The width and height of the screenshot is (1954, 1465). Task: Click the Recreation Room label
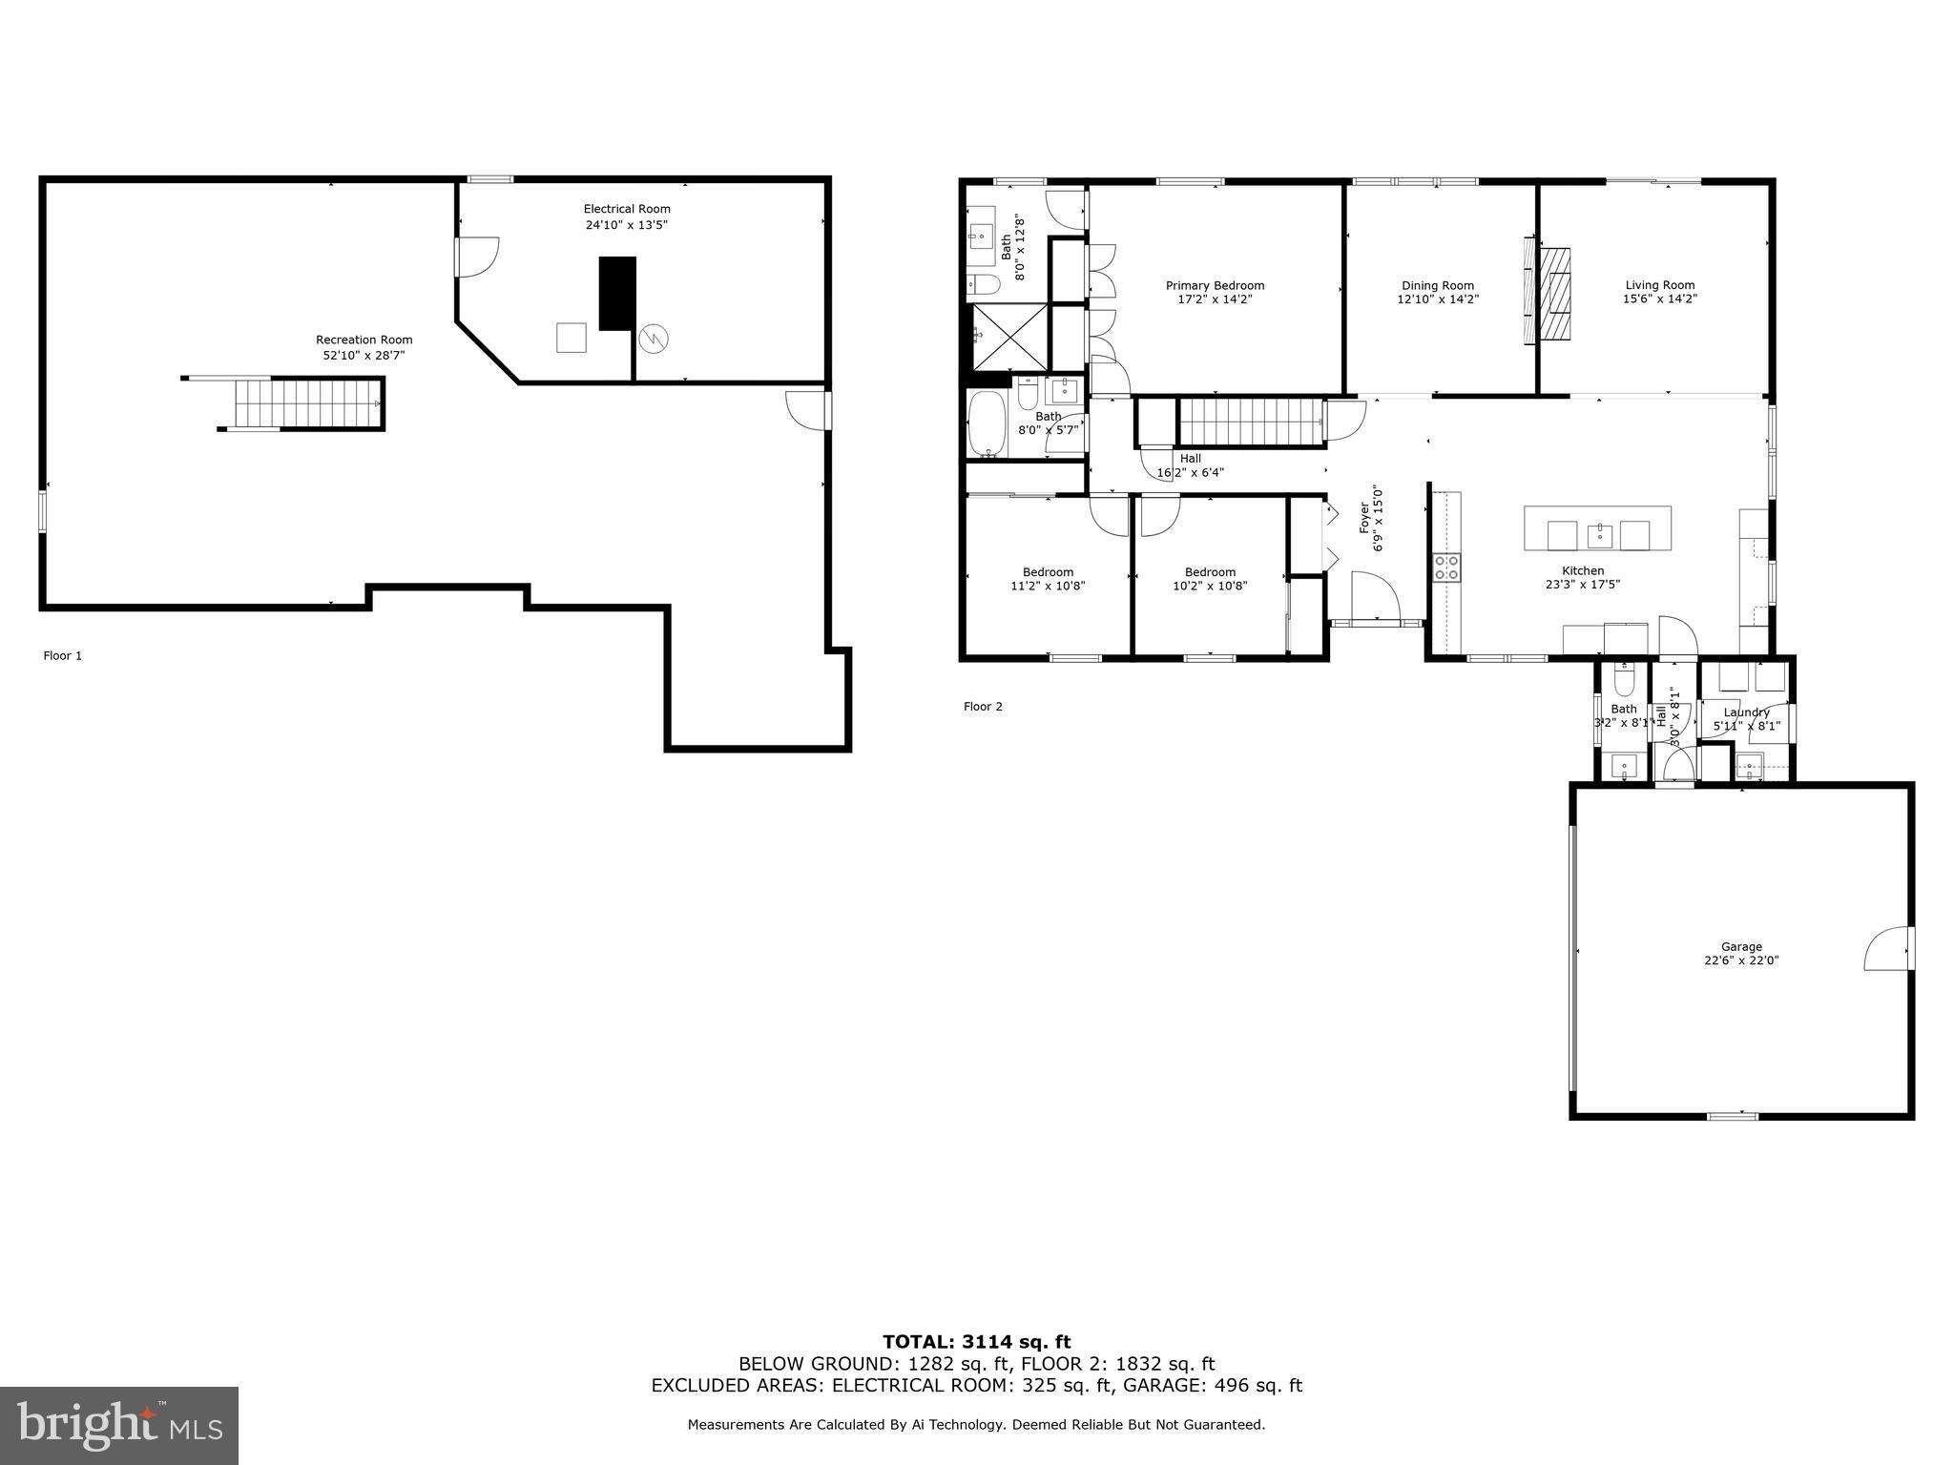coord(364,340)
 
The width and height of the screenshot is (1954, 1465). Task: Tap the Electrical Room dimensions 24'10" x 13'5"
coord(626,225)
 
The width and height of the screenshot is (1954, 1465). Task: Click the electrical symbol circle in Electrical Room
coord(655,338)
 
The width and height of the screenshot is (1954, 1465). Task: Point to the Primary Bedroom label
coord(1215,285)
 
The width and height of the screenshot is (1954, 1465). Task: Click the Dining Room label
coord(1437,285)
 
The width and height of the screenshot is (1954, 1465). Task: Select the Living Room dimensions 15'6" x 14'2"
coord(1659,299)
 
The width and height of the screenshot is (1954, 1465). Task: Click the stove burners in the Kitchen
coord(1446,567)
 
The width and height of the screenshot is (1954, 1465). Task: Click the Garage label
coord(1740,947)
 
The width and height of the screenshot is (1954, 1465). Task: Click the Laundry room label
coord(1746,712)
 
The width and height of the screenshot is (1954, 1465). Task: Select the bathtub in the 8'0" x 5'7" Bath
coord(987,425)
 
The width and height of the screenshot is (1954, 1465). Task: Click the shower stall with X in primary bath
coord(1009,337)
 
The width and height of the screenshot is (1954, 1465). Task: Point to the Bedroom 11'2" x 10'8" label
coord(1048,572)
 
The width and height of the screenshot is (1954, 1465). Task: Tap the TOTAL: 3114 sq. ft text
coord(976,1342)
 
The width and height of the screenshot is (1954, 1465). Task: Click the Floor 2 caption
coord(983,707)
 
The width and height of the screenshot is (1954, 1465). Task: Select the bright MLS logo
coord(119,1425)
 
